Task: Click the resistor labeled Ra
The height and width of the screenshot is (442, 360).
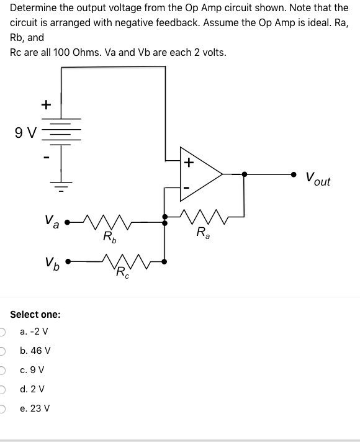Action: click(x=202, y=217)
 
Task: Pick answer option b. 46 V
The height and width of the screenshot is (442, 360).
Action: click(x=35, y=351)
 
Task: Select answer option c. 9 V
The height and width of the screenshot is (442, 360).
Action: click(x=32, y=370)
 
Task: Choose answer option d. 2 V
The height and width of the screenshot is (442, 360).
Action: click(x=32, y=389)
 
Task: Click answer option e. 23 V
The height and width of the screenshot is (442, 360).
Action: click(x=35, y=408)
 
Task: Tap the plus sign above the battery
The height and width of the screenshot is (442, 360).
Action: click(x=45, y=105)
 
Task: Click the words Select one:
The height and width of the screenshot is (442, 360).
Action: click(x=35, y=314)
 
